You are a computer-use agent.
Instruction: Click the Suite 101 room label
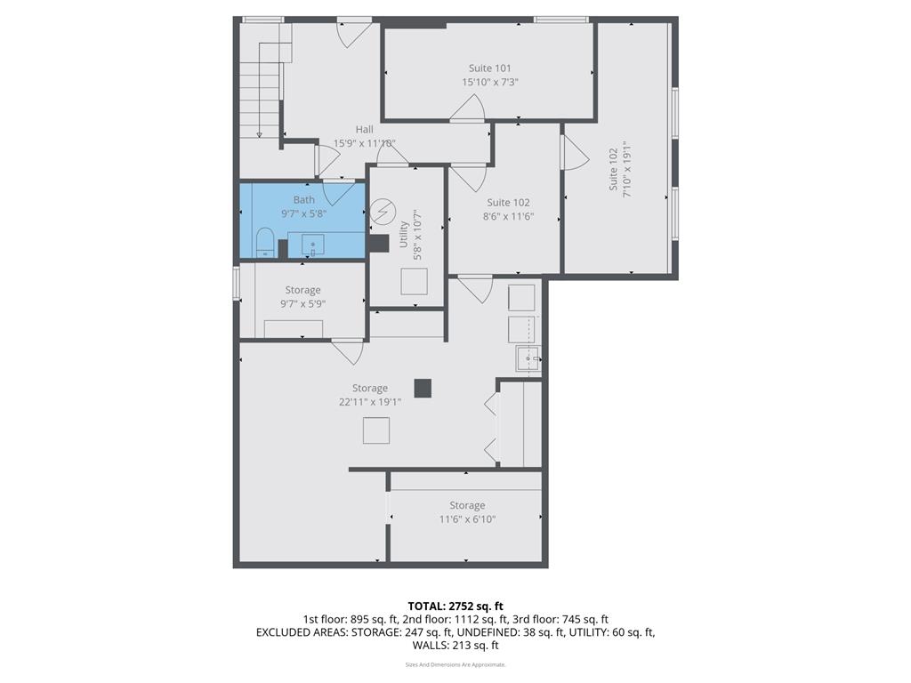[489, 68]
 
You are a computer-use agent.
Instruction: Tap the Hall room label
[364, 130]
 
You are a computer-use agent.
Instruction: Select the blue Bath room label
[303, 199]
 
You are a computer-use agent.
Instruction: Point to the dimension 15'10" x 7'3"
[489, 82]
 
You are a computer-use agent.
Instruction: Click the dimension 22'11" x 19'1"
[369, 402]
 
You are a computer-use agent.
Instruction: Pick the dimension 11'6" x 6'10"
[466, 519]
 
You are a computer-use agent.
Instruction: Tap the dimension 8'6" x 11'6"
[508, 216]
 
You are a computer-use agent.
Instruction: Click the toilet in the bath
[264, 243]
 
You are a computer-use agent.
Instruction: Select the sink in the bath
[311, 244]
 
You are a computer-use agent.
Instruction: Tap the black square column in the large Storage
[423, 388]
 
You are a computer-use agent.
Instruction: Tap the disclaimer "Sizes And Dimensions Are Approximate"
[455, 664]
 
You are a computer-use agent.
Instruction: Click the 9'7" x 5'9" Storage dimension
[302, 304]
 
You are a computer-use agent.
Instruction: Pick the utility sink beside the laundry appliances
[528, 359]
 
